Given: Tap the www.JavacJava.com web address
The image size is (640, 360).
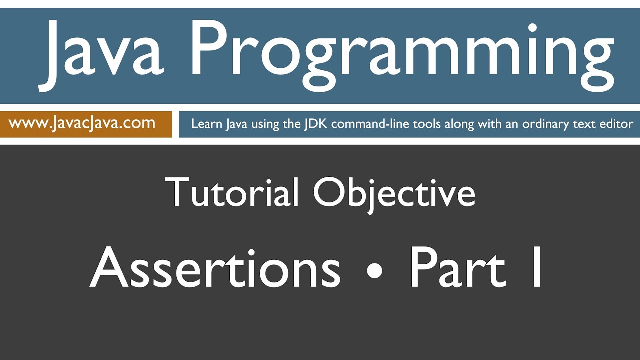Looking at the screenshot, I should [82, 123].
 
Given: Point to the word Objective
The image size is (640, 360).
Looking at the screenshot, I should [394, 192].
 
